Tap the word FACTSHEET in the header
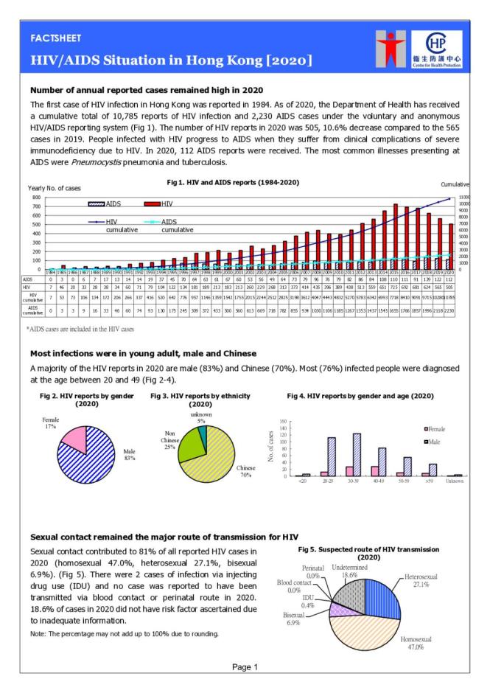(56, 38)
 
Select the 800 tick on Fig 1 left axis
(35, 198)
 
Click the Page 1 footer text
(245, 667)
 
